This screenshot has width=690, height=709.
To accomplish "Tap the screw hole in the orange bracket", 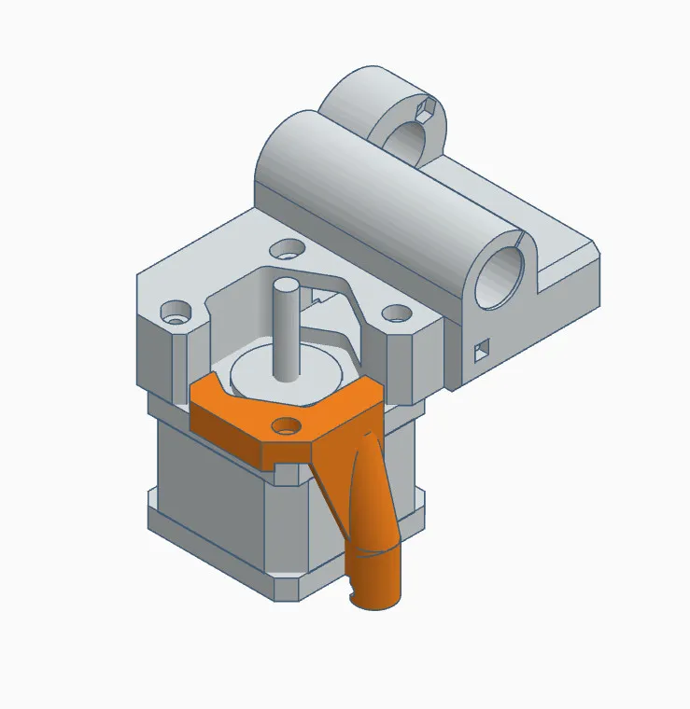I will (287, 427).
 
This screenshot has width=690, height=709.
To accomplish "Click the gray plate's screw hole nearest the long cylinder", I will (288, 249).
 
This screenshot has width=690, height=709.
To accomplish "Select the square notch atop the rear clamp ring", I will (428, 109).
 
